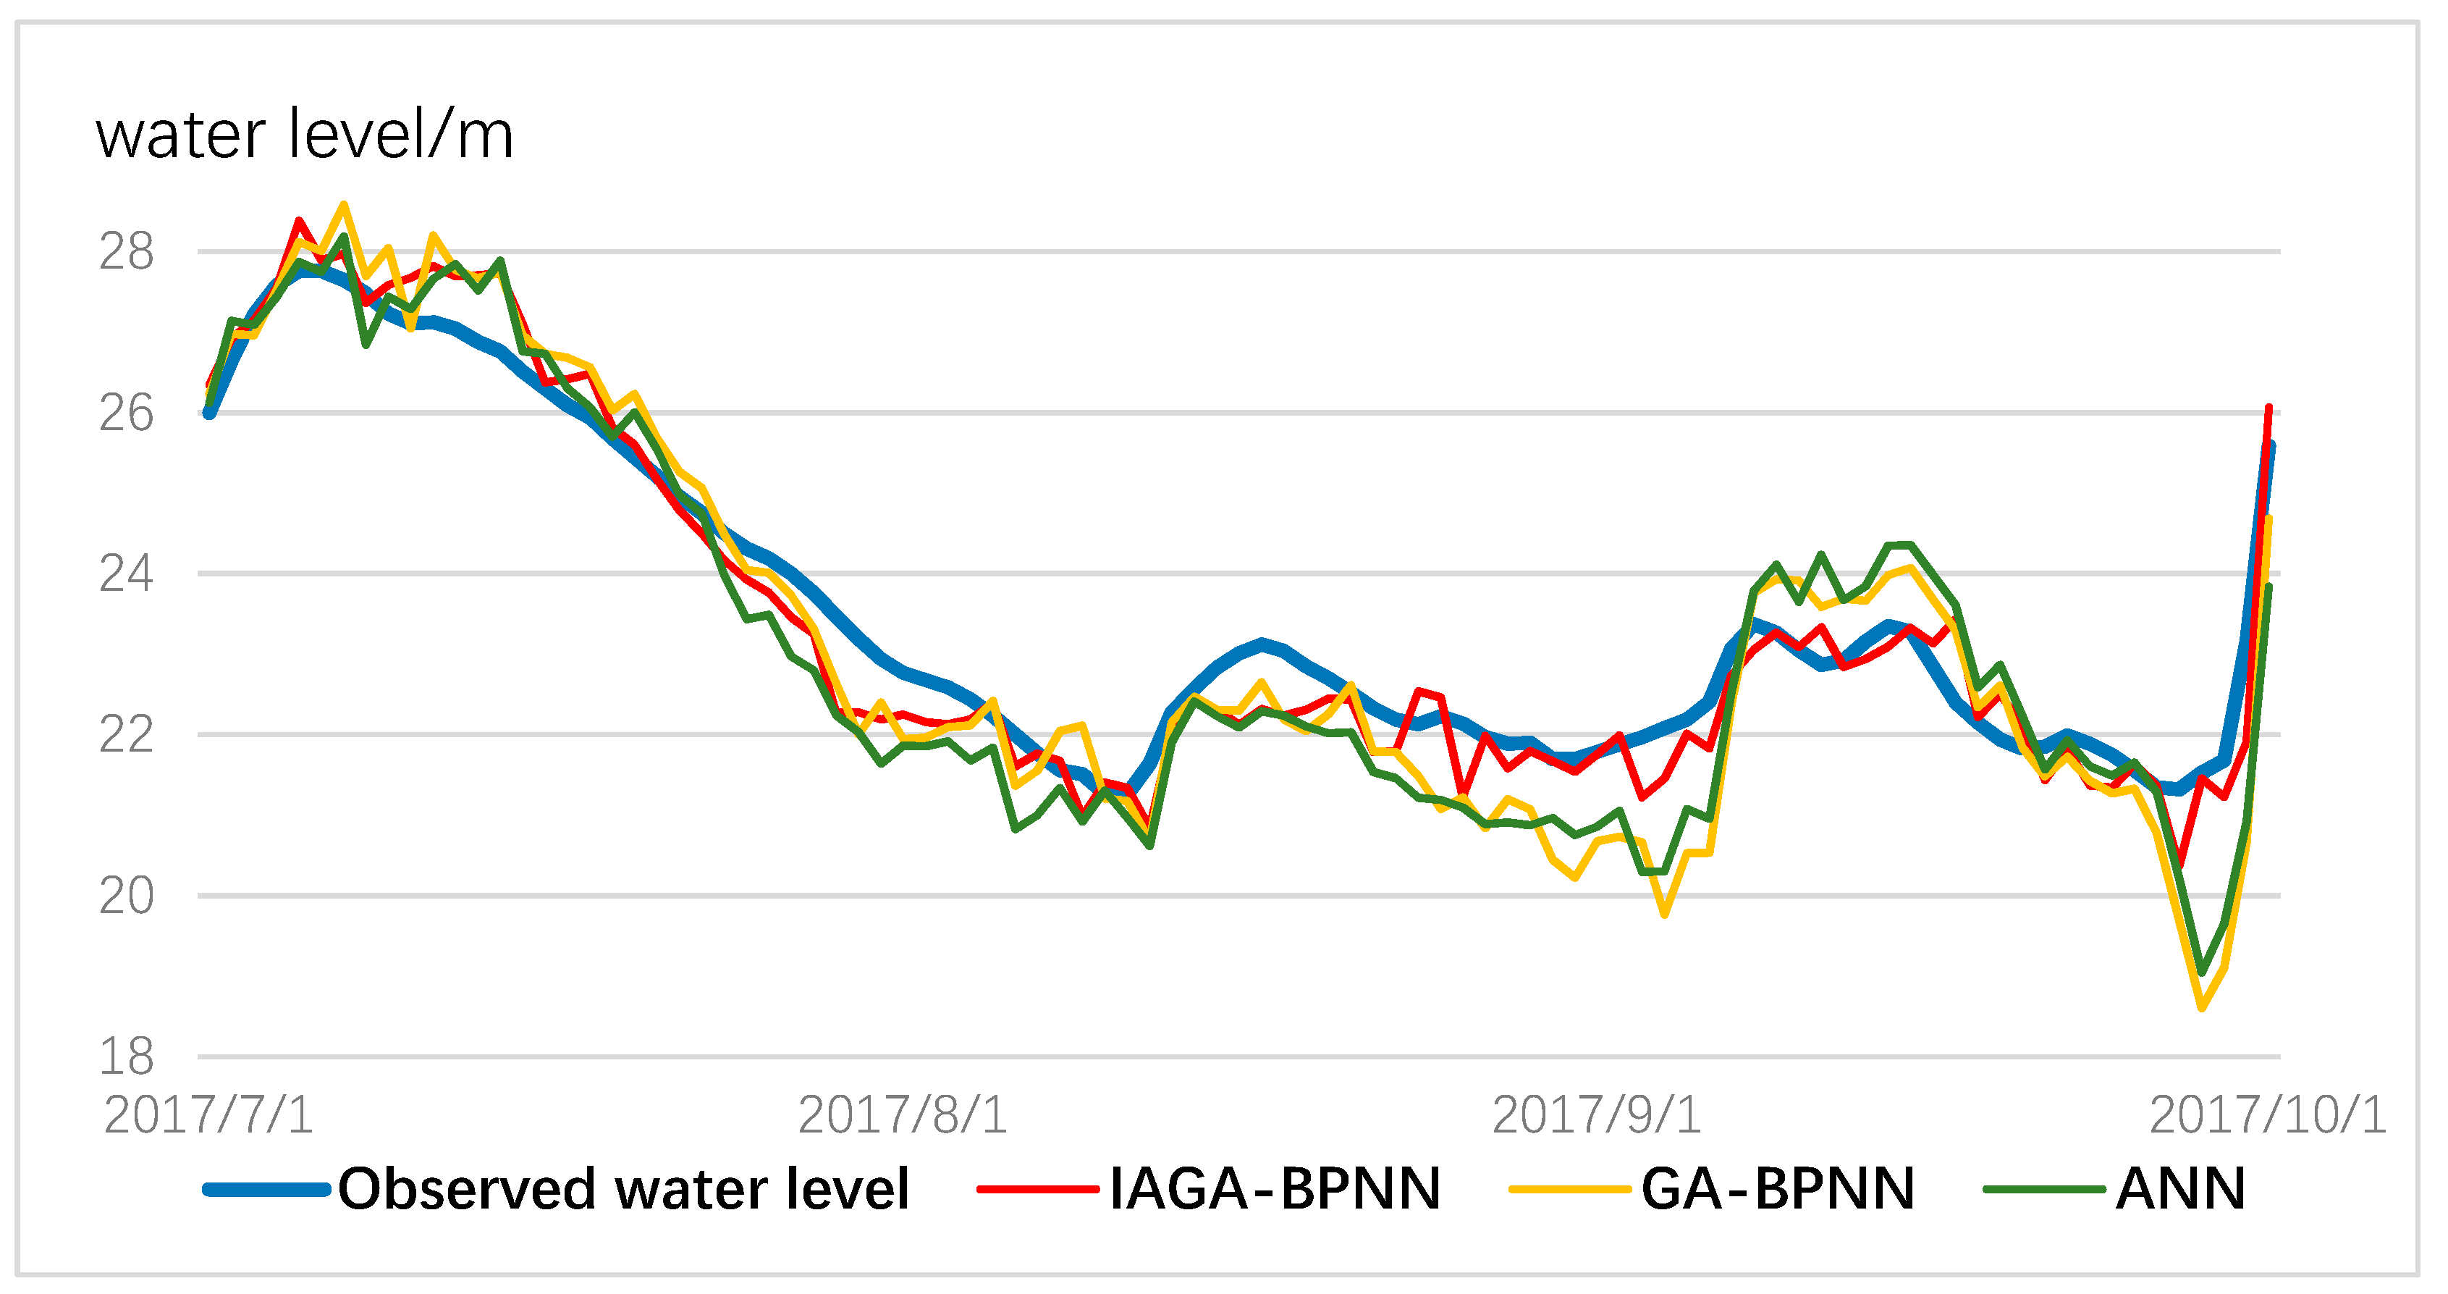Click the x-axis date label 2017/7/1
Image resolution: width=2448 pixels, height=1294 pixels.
tap(208, 1114)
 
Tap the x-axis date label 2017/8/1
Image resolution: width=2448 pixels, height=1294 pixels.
tap(902, 1114)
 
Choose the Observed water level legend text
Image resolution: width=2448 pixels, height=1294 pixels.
tap(623, 1188)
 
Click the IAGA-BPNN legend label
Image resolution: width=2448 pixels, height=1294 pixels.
tap(1275, 1188)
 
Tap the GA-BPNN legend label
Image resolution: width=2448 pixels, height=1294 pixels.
tap(1777, 1188)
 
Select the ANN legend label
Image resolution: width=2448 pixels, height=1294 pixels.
tap(2180, 1188)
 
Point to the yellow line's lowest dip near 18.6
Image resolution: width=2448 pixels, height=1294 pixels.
tap(2202, 1007)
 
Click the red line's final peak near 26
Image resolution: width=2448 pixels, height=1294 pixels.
tap(2268, 409)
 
